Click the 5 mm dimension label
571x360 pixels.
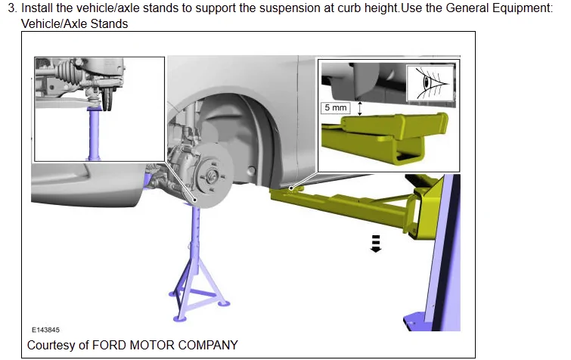tap(335, 107)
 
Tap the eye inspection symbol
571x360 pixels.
tap(431, 83)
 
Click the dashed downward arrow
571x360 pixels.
tap(375, 244)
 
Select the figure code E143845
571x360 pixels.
tap(45, 330)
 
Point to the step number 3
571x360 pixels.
tap(12, 8)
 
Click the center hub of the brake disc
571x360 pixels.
tap(211, 176)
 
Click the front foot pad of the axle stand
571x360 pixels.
tap(179, 319)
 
